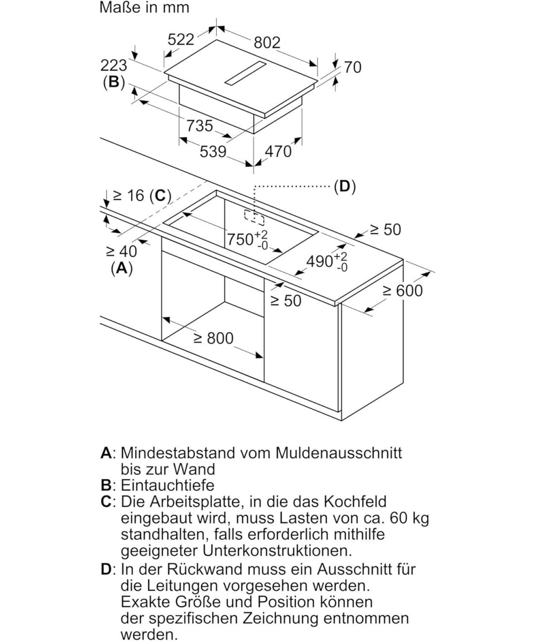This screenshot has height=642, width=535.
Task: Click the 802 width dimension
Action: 267,42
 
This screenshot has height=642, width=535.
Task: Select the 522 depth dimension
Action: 181,39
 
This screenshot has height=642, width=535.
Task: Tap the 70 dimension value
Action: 353,67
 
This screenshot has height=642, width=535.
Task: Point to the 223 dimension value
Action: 113,65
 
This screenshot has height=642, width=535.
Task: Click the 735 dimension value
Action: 200,126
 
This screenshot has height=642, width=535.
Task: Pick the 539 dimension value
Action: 213,152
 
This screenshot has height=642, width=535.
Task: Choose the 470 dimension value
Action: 278,151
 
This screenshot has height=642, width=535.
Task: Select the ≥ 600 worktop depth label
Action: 402,291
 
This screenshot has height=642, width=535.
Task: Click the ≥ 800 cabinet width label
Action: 213,338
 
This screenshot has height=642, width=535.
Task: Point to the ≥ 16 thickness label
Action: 128,195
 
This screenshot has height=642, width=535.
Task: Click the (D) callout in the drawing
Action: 345,186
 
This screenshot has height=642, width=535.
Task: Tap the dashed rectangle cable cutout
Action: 254,216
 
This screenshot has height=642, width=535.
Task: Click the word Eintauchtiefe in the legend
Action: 167,485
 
